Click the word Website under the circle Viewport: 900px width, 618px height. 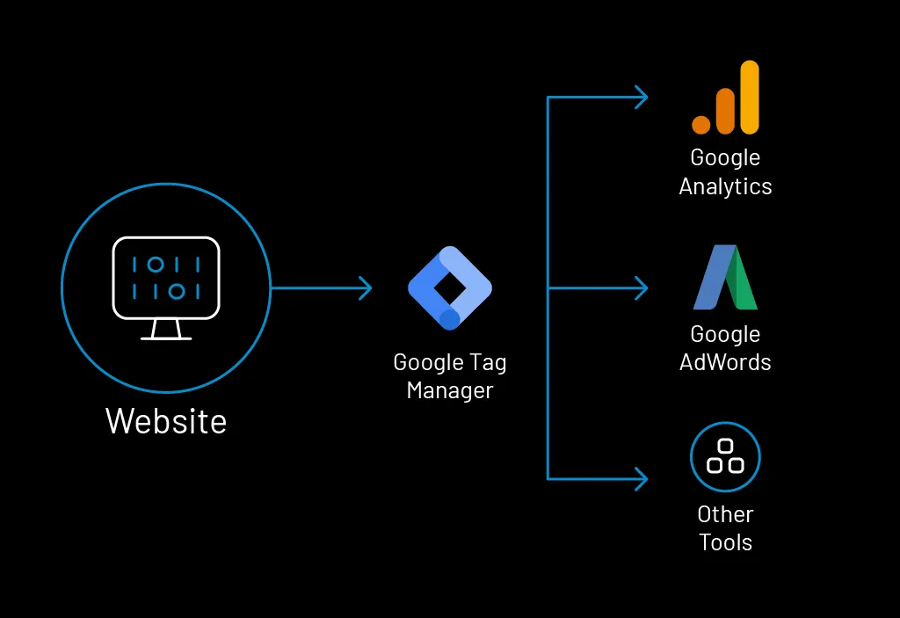pos(166,421)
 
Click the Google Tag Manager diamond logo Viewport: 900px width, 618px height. pos(449,288)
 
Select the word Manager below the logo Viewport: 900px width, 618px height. pos(450,390)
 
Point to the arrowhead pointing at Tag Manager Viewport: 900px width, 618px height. pos(366,287)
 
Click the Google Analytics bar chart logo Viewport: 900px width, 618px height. pos(725,98)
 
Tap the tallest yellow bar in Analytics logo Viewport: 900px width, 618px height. pos(749,97)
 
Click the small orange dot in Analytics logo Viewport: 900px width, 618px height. pos(700,124)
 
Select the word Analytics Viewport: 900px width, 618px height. pos(725,186)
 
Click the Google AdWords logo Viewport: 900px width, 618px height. pos(725,278)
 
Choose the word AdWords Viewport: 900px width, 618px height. pos(725,362)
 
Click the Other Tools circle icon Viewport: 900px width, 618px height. pos(725,457)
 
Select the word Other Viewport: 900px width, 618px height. pos(725,514)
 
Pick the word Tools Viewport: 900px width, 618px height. pos(725,542)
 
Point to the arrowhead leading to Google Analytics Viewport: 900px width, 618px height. pos(642,98)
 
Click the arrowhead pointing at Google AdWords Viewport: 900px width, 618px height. pos(642,287)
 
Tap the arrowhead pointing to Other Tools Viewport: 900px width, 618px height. pos(642,479)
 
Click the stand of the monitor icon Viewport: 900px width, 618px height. pos(166,330)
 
